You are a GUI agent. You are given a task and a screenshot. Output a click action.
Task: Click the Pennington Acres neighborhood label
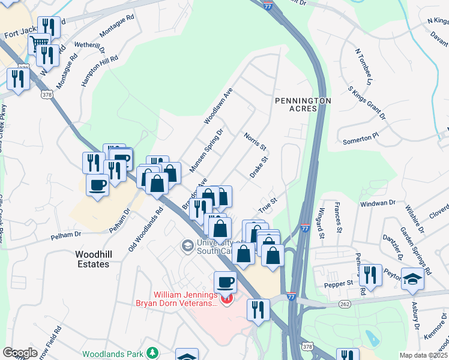303,104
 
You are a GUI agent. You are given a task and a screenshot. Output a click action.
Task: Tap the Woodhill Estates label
92,259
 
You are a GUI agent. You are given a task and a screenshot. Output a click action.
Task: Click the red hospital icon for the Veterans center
226,299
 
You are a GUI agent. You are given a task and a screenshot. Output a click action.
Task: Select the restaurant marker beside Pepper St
370,275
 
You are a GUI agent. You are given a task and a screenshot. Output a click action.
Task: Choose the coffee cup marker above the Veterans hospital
226,281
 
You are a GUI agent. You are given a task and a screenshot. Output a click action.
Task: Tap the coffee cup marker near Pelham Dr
97,184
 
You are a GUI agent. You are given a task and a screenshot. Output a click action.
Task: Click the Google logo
20,353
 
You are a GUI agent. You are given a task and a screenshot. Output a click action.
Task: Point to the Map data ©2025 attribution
423,355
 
